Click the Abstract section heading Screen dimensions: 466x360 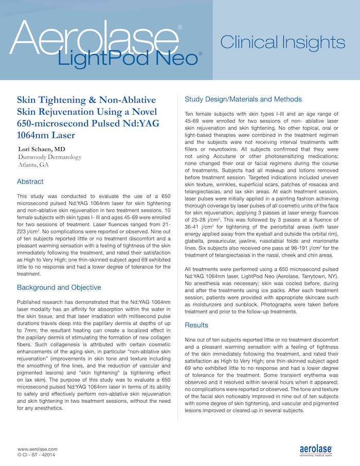30,182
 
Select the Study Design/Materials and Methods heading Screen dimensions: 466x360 243,99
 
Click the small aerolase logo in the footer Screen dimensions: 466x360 316,450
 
